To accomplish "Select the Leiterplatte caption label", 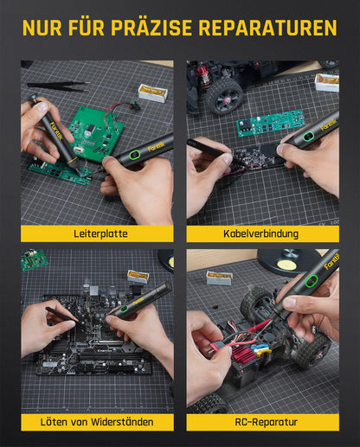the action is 100,233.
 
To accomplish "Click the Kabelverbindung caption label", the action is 260,233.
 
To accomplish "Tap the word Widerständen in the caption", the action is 122,422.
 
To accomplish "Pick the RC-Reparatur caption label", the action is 266,422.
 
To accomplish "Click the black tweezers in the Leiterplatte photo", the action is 58,86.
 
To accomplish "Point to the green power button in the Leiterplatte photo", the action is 135,154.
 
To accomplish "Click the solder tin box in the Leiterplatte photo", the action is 152,93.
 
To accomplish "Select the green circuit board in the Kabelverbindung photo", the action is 270,123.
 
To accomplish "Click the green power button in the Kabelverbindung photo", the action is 308,135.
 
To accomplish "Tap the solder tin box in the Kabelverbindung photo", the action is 327,82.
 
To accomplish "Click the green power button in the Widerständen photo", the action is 124,309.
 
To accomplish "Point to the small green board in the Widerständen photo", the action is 34,259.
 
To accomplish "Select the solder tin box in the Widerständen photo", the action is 138,277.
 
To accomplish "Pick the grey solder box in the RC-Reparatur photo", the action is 219,278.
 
